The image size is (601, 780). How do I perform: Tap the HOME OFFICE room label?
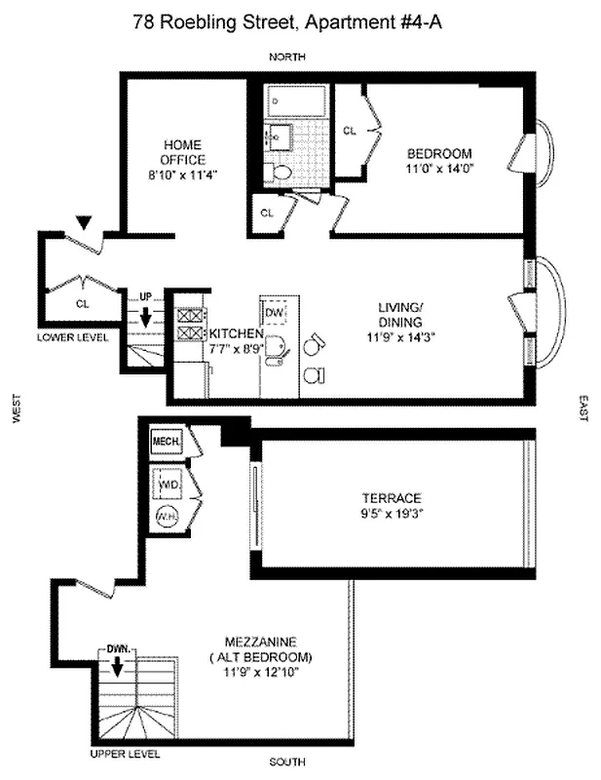(x=182, y=152)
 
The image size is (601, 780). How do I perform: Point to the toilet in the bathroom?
(x=282, y=173)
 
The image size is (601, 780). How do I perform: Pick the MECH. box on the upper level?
(x=163, y=442)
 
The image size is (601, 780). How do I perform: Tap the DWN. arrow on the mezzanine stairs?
(x=117, y=666)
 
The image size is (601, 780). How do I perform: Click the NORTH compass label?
(x=287, y=57)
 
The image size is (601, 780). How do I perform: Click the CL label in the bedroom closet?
(x=350, y=130)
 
